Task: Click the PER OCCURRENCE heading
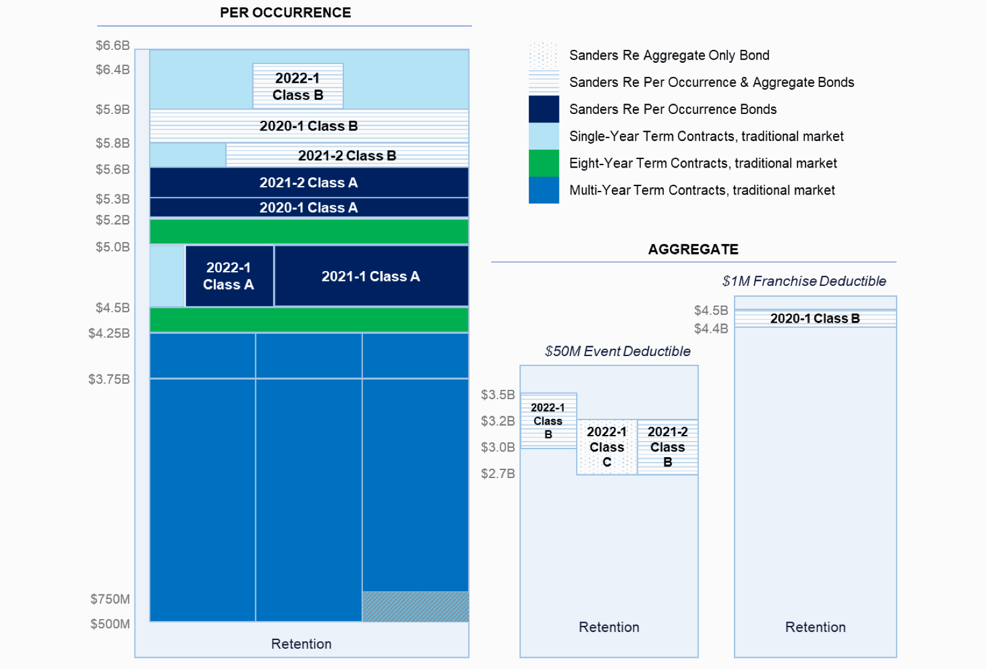click(x=285, y=12)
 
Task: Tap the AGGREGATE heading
click(x=693, y=249)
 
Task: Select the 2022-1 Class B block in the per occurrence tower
click(x=298, y=86)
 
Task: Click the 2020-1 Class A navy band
click(x=308, y=208)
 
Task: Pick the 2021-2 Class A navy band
click(x=308, y=182)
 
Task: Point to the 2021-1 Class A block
click(x=370, y=276)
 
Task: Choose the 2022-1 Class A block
click(x=229, y=276)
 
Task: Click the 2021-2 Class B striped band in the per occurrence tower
click(x=346, y=155)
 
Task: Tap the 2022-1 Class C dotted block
click(x=606, y=447)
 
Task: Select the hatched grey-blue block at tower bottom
click(x=415, y=606)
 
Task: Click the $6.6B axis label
click(x=112, y=46)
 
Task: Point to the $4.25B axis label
click(x=108, y=333)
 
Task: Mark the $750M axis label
click(x=110, y=599)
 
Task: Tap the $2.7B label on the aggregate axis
click(x=497, y=474)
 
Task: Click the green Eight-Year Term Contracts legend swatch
click(x=544, y=163)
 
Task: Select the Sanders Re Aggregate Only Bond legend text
click(x=669, y=55)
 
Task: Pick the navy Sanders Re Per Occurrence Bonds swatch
click(x=544, y=109)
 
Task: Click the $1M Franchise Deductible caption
click(x=804, y=282)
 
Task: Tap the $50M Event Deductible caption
click(x=617, y=351)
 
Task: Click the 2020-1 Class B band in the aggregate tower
click(x=815, y=318)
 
